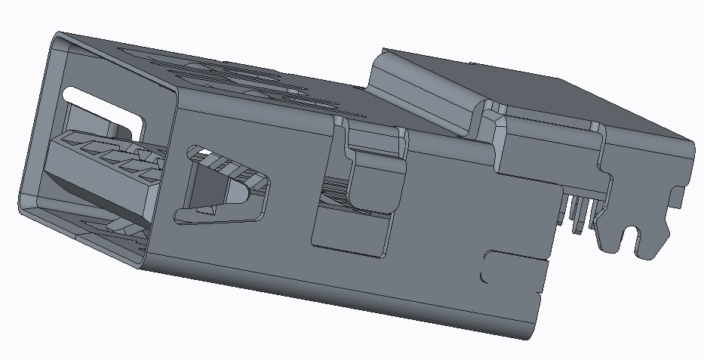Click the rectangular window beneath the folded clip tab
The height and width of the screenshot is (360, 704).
click(352, 234)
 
